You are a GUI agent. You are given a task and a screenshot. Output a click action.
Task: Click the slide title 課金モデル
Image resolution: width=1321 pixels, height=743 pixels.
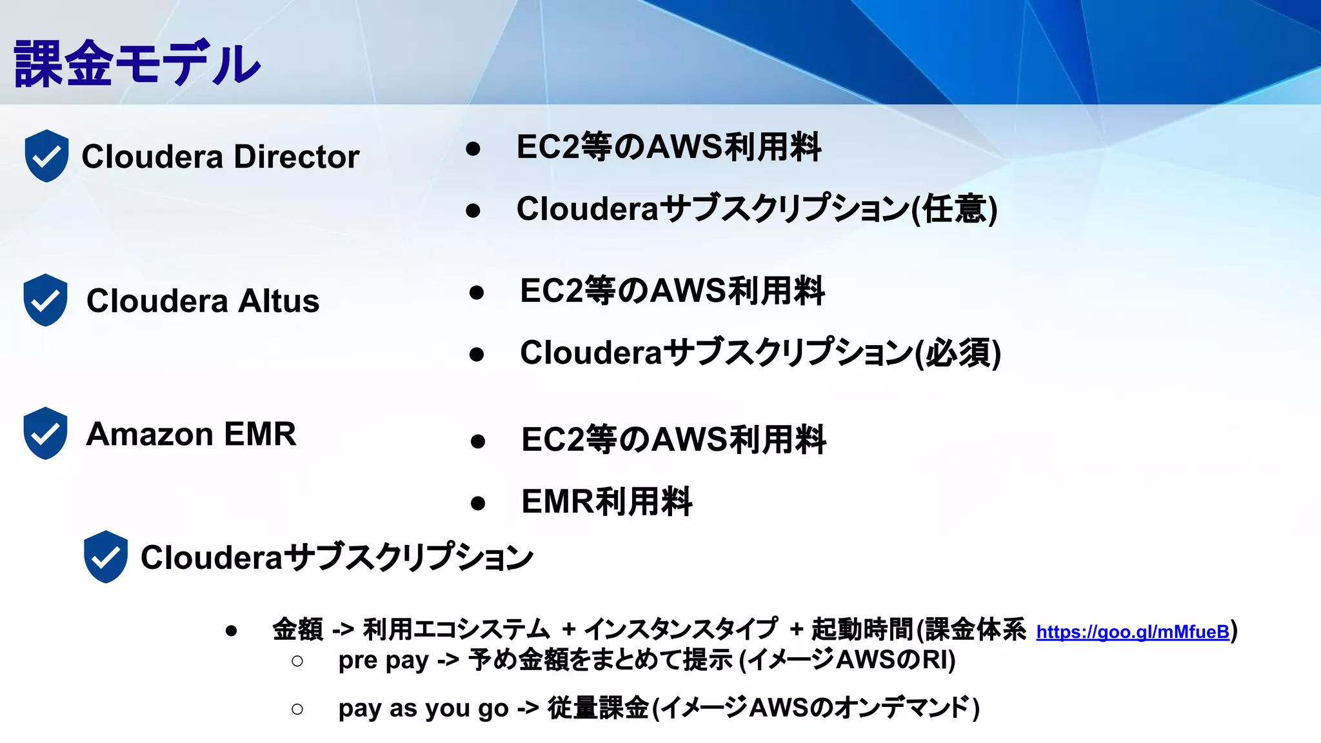[137, 63]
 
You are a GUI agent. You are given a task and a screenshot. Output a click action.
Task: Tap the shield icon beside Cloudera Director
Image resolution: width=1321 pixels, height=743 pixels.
[46, 155]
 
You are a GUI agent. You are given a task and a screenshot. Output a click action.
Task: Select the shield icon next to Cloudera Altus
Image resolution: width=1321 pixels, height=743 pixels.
[45, 300]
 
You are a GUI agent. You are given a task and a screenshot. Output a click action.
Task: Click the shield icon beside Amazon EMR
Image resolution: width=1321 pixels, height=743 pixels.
[45, 433]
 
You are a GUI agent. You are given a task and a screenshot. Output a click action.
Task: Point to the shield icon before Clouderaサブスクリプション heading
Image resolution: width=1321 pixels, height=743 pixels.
[106, 557]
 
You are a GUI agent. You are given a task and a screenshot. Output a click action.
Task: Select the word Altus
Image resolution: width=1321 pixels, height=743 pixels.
[279, 301]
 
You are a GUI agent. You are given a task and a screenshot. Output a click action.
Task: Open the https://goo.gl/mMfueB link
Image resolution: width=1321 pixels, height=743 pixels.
[1133, 632]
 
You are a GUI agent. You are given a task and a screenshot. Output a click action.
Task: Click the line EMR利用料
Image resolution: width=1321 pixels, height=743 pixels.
[607, 502]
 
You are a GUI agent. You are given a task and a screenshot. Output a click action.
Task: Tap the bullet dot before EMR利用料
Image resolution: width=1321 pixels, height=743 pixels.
[478, 503]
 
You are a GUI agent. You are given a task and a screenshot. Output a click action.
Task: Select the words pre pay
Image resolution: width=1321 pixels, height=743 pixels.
[383, 660]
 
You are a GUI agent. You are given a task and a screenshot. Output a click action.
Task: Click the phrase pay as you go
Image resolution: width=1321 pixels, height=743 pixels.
[423, 708]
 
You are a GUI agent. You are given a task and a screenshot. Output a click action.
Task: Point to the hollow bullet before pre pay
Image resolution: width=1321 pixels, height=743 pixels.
[297, 661]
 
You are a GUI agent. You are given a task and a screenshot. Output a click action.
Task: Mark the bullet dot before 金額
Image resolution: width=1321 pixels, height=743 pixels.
[232, 631]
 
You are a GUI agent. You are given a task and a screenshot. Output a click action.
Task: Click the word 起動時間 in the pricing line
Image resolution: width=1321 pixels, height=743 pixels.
[863, 629]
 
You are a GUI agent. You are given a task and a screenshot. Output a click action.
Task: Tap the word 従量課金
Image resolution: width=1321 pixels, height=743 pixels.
[598, 708]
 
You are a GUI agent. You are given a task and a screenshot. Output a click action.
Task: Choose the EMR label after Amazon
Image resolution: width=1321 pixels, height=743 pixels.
[260, 434]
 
